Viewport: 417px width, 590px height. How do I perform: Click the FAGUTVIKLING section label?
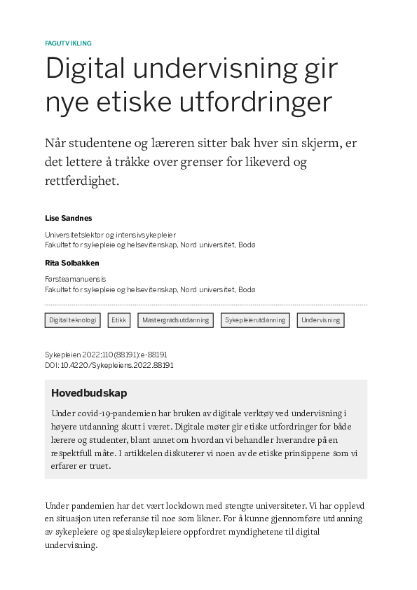point(68,43)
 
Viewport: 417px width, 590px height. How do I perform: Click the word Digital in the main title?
point(84,69)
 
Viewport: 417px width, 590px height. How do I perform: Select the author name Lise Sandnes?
point(67,218)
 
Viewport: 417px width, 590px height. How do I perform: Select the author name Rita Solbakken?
point(71,263)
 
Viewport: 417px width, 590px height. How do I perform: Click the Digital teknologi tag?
point(73,320)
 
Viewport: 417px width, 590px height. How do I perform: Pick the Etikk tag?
point(118,320)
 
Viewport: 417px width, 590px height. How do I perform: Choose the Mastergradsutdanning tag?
point(175,320)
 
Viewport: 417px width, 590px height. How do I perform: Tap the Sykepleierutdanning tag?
point(255,320)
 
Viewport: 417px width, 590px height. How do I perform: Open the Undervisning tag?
point(320,320)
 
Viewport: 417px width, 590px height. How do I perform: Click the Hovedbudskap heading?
point(89,393)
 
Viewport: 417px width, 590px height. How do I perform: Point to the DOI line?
point(109,365)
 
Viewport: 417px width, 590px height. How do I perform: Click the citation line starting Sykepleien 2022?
point(105,355)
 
